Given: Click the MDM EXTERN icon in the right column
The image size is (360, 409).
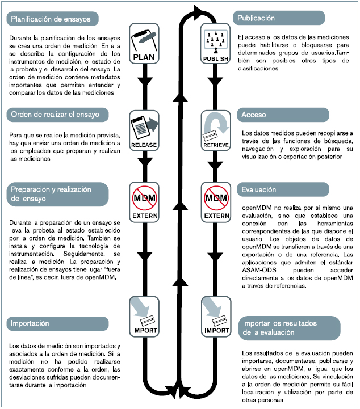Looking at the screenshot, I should [215, 203].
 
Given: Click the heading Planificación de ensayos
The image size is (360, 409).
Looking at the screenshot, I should [50, 19].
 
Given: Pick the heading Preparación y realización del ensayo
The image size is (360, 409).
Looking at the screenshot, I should [50, 194].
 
